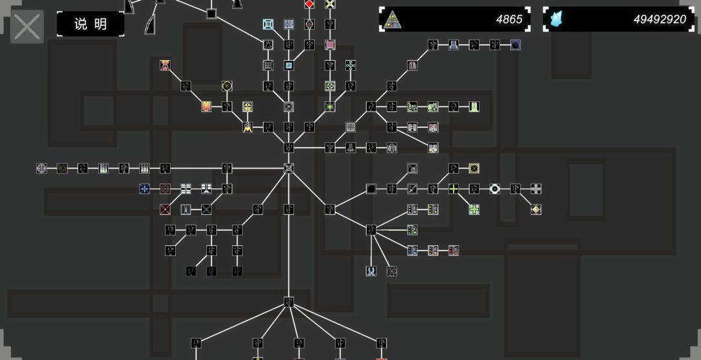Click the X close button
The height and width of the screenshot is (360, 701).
pyautogui.click(x=27, y=27)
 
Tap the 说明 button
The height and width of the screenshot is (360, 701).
pyautogui.click(x=90, y=24)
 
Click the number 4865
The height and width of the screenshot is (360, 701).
pyautogui.click(x=509, y=19)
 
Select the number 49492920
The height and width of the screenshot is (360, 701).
pyautogui.click(x=659, y=19)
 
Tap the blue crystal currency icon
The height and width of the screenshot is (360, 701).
pyautogui.click(x=556, y=19)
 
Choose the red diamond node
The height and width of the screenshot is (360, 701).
pyautogui.click(x=310, y=4)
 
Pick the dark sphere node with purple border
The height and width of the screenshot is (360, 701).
pyautogui.click(x=515, y=45)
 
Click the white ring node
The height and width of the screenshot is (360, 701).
pyautogui.click(x=495, y=189)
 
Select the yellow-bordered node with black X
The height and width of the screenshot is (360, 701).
pyautogui.click(x=474, y=168)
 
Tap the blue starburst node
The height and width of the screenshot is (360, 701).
pyautogui.click(x=144, y=189)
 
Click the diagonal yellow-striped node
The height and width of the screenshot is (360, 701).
pyautogui.click(x=62, y=168)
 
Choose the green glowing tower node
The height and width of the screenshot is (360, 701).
pyautogui.click(x=474, y=106)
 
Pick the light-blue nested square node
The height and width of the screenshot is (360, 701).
pyautogui.click(x=268, y=24)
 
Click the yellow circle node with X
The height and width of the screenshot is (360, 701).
pyautogui.click(x=227, y=86)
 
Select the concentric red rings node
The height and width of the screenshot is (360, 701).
pyautogui.click(x=391, y=271)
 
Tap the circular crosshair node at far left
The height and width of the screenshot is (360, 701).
pyautogui.click(x=42, y=168)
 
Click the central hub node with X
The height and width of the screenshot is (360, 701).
pyautogui.click(x=289, y=168)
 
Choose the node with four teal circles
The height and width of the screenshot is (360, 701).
pyautogui.click(x=350, y=66)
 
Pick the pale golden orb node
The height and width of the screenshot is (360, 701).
pyautogui.click(x=535, y=209)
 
